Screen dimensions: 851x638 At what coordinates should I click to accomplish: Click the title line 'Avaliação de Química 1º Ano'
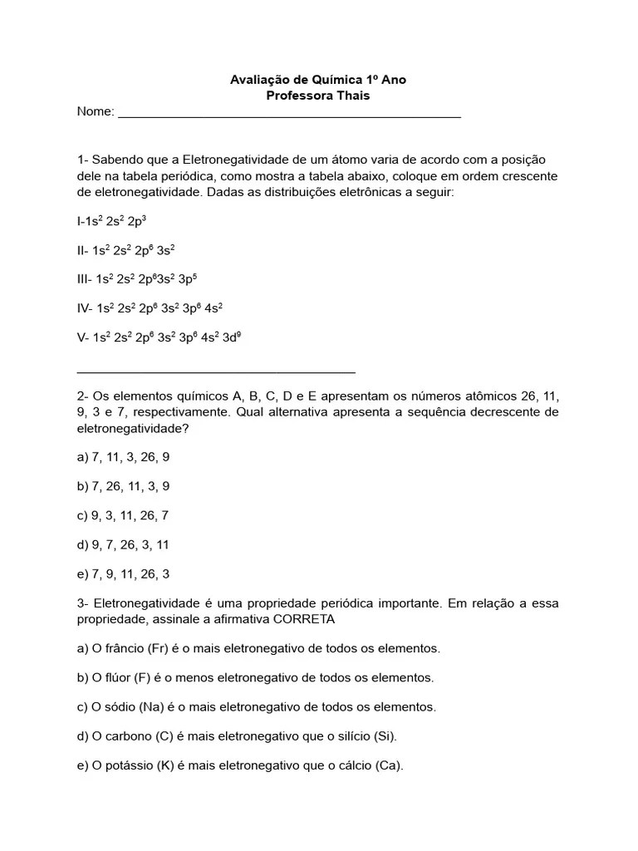point(318,80)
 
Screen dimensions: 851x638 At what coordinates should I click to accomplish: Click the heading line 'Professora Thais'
point(318,96)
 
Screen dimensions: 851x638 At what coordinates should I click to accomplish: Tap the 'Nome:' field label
point(96,112)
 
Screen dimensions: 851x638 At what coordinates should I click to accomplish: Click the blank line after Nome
point(289,115)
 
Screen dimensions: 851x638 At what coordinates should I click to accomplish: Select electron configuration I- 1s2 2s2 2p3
point(111,221)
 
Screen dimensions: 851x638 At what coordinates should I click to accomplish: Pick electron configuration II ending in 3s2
point(125,250)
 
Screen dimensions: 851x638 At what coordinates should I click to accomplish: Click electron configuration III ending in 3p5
point(136,279)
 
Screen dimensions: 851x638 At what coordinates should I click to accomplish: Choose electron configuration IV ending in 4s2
point(150,308)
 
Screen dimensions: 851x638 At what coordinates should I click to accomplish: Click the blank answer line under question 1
point(216,371)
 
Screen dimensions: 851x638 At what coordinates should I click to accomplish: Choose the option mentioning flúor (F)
point(255,677)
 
